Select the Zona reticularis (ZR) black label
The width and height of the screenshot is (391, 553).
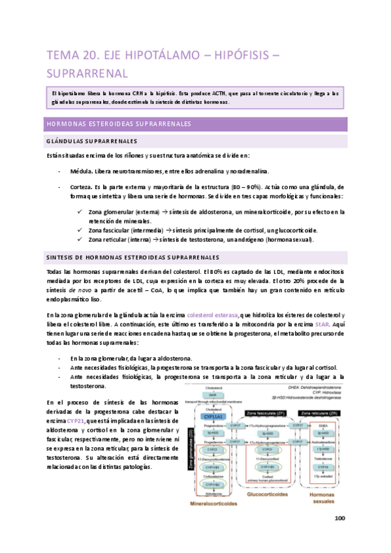click(316, 413)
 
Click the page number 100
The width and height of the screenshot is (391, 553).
click(339, 519)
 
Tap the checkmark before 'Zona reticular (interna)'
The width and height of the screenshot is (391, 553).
click(80, 239)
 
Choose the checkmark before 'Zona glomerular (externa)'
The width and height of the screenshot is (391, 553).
click(80, 212)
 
